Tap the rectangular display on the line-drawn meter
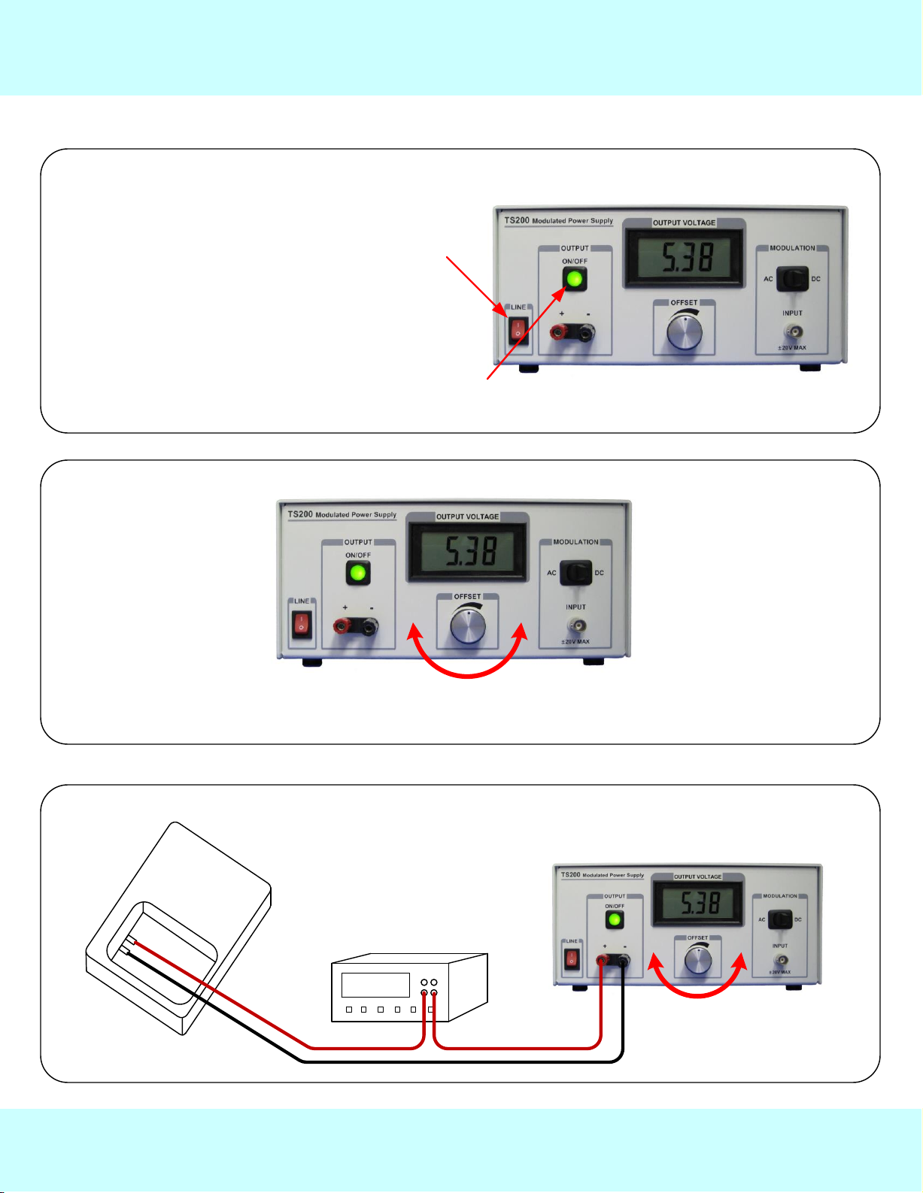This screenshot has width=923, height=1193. [x=375, y=985]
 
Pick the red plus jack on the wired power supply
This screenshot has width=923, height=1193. [x=603, y=960]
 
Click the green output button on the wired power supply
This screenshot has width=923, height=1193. [x=615, y=920]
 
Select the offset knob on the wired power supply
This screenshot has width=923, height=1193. [x=698, y=960]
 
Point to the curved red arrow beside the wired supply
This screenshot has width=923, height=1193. [x=697, y=985]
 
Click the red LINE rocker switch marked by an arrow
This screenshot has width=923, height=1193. [x=518, y=329]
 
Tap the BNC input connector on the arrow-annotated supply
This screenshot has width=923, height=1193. [x=792, y=331]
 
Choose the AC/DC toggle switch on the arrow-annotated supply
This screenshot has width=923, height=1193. [x=792, y=279]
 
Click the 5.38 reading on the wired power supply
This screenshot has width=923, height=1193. [x=700, y=902]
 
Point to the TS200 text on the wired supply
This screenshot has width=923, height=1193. [x=571, y=875]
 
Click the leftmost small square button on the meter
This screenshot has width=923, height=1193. [x=349, y=1010]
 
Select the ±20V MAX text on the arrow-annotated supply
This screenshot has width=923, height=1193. [x=792, y=348]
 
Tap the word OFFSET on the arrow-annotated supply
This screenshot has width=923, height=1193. [x=684, y=303]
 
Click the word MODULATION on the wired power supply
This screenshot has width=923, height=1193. [x=780, y=896]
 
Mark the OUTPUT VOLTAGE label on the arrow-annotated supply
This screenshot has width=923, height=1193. [x=684, y=223]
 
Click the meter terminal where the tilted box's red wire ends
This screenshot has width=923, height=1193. [x=424, y=994]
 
